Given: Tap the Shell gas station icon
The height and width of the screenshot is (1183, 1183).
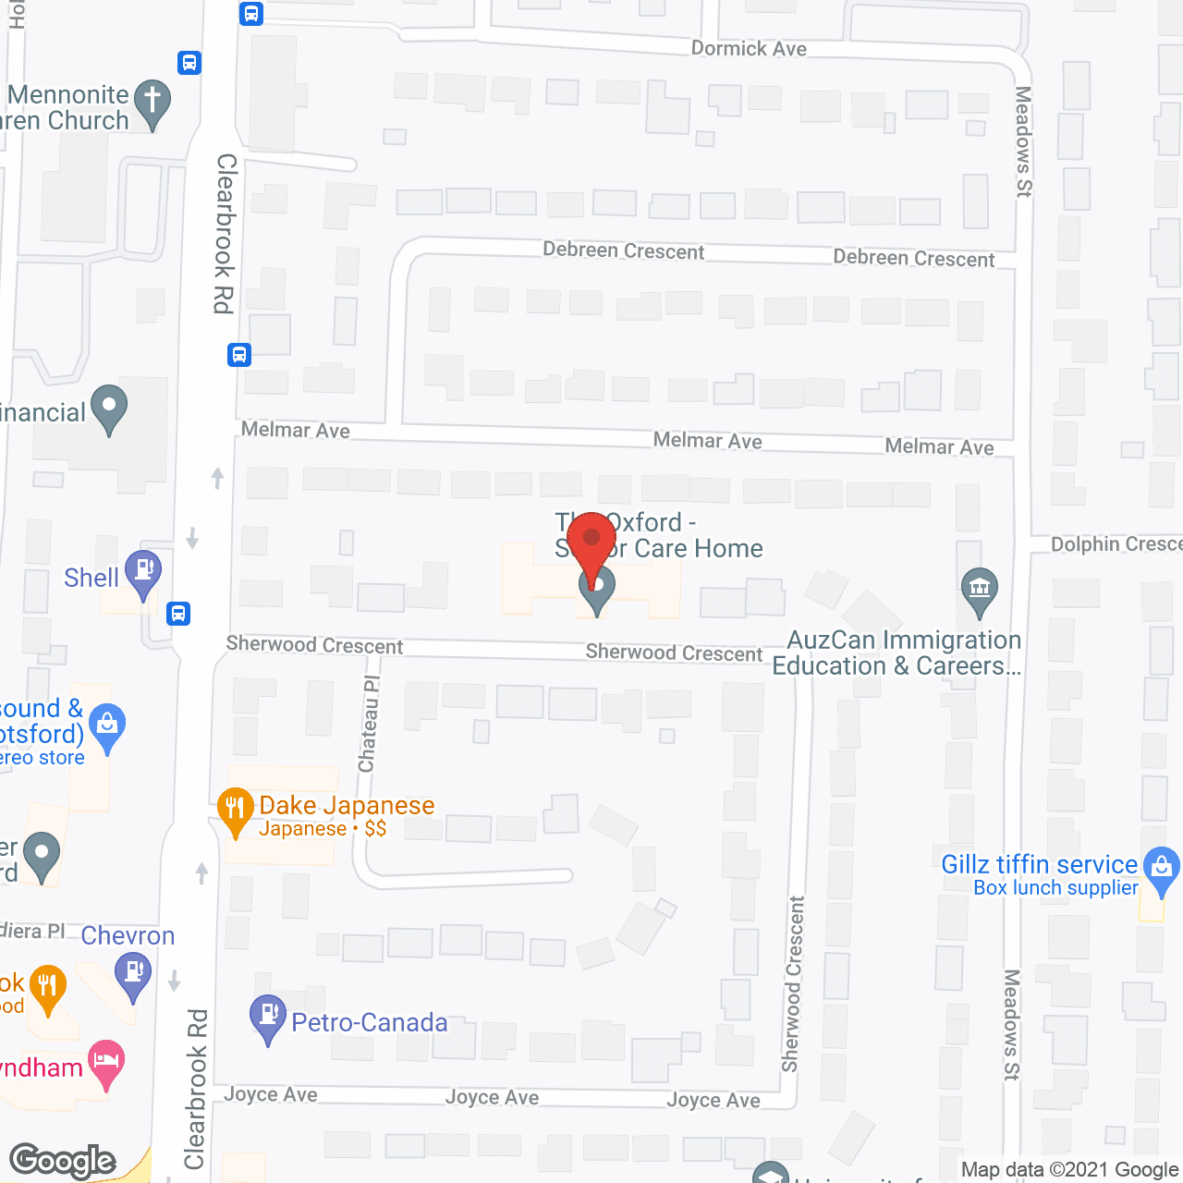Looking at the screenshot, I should pos(143,573).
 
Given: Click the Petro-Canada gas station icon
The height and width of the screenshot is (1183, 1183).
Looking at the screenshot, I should pos(268,1018).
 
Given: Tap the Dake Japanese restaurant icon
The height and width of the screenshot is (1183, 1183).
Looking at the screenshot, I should pos(236,811).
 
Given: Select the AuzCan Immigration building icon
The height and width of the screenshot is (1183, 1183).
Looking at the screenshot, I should pos(980,591).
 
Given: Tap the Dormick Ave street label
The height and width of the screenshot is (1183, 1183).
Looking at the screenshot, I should pos(749,49).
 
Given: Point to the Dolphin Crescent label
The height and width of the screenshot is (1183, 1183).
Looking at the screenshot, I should pos(1116,544).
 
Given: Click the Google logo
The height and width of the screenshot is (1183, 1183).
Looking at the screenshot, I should pos(63,1161).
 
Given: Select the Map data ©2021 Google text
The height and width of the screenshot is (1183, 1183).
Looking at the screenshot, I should pos(1069,1170).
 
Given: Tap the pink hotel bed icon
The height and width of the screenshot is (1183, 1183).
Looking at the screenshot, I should pos(106,1062).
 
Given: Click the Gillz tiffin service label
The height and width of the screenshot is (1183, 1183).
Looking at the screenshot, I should pos(1039,864).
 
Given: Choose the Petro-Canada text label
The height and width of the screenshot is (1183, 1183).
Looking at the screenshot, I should pos(370,1022).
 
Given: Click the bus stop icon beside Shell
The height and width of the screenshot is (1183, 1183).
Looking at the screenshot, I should pos(178,613).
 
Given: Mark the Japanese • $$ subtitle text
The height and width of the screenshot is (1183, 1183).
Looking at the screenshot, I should pos(323,829).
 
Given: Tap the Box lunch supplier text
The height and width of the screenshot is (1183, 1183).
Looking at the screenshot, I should pos(1055,888).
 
